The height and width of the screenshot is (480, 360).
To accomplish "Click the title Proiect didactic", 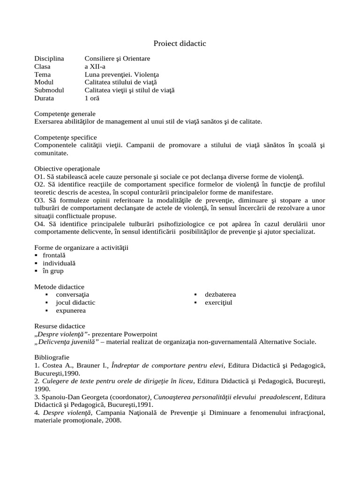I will (180, 44).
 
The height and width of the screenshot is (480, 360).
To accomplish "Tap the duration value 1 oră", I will (92, 98).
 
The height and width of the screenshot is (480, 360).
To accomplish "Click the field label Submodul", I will (49, 90).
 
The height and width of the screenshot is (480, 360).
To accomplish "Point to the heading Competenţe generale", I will (65, 114).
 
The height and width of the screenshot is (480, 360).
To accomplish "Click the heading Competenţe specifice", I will (66, 137).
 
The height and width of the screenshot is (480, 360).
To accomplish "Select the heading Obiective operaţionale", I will (67, 169).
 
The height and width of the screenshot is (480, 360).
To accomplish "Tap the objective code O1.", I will (39, 177).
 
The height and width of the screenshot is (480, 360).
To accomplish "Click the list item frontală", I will (54, 255).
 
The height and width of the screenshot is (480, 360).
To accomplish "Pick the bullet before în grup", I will (37, 271).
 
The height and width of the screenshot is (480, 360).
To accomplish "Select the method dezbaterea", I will (220, 295).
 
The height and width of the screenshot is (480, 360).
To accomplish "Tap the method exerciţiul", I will (218, 303).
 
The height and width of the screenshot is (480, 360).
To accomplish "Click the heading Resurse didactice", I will (60, 326).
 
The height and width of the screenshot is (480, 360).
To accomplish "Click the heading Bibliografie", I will (51, 357).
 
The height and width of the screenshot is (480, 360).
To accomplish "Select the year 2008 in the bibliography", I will (113, 420).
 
